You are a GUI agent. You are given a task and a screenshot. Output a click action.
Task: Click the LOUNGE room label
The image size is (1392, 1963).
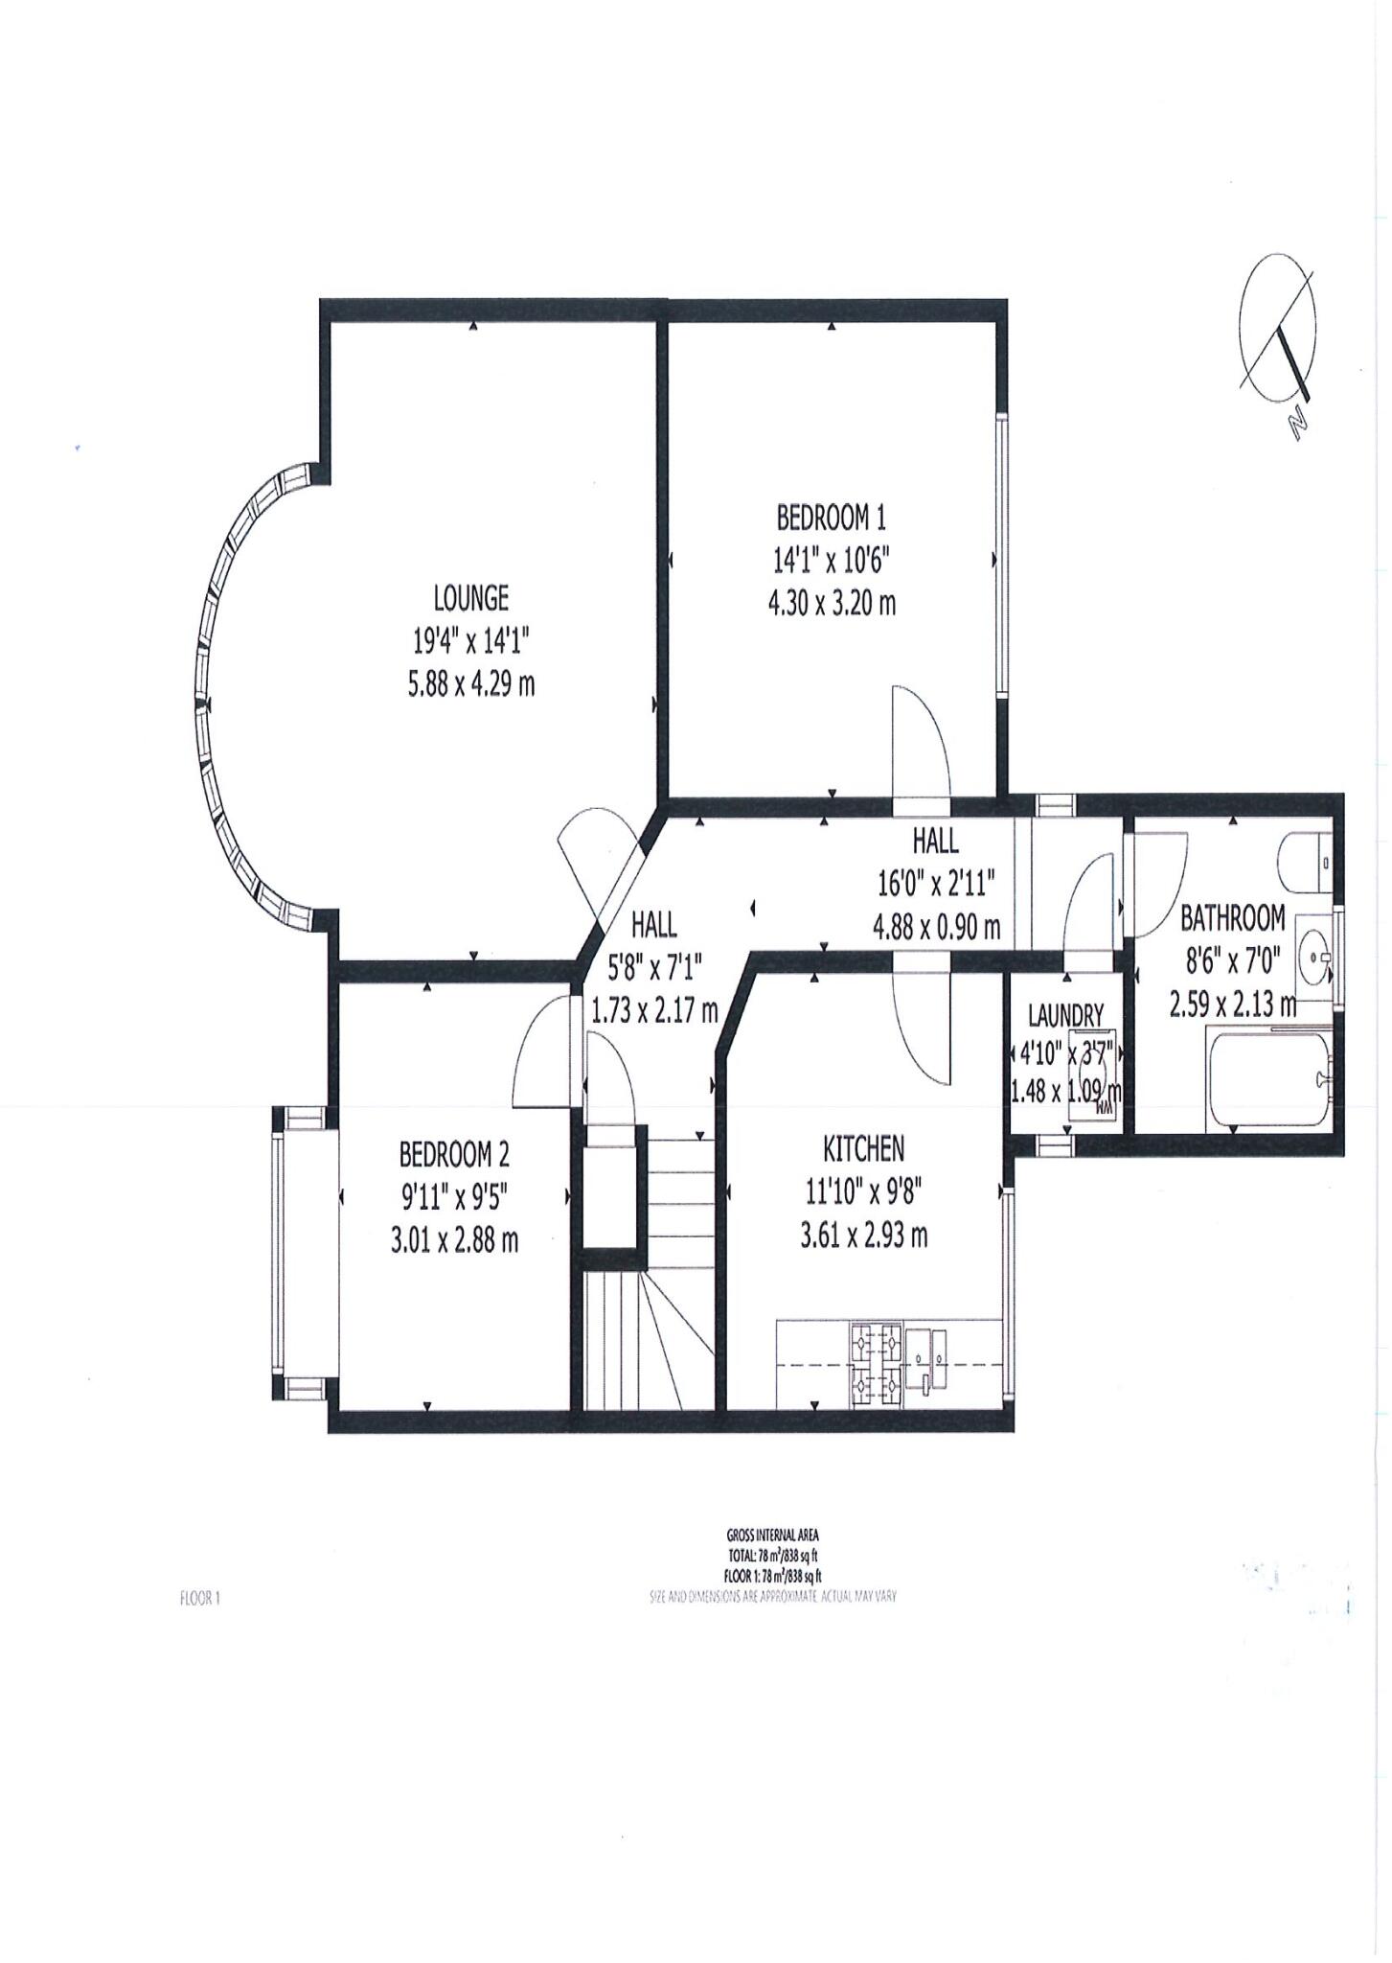click(x=470, y=599)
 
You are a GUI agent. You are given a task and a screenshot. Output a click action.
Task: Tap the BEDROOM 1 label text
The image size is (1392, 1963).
click(x=831, y=519)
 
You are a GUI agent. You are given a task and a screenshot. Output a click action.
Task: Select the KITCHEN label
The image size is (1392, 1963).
click(x=863, y=1147)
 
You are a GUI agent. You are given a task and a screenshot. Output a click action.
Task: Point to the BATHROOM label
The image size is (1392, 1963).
click(x=1232, y=918)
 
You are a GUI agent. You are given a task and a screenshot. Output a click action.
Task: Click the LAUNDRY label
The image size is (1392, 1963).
click(x=1066, y=1014)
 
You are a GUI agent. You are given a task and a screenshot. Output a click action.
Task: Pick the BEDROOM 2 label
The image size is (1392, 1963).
click(x=453, y=1155)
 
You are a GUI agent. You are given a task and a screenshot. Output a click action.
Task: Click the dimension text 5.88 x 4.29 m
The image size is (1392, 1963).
click(x=470, y=684)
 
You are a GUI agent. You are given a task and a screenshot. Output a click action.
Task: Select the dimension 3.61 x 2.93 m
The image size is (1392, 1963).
click(x=863, y=1236)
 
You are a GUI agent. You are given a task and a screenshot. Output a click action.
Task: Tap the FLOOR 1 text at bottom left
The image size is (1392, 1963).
click(x=200, y=1598)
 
